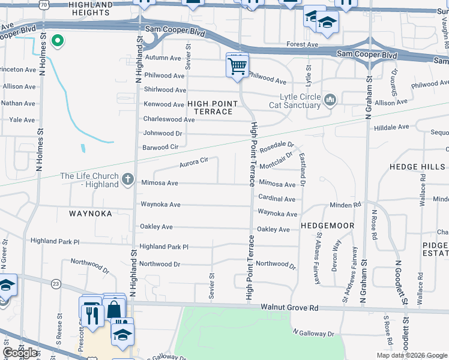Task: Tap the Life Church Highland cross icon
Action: pos(127,179)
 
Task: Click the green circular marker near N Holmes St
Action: pos(58,41)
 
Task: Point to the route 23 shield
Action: pos(56,283)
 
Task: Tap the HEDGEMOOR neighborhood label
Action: pos(328,226)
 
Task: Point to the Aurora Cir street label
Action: pos(193,162)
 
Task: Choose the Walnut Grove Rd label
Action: pos(289,308)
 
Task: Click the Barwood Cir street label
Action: pos(160,148)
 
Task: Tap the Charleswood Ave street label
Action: pos(169,119)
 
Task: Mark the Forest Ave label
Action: pos(302,44)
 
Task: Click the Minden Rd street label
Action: pos(345,205)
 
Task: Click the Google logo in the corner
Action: pos(20,353)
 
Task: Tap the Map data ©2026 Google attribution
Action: pos(411,355)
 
